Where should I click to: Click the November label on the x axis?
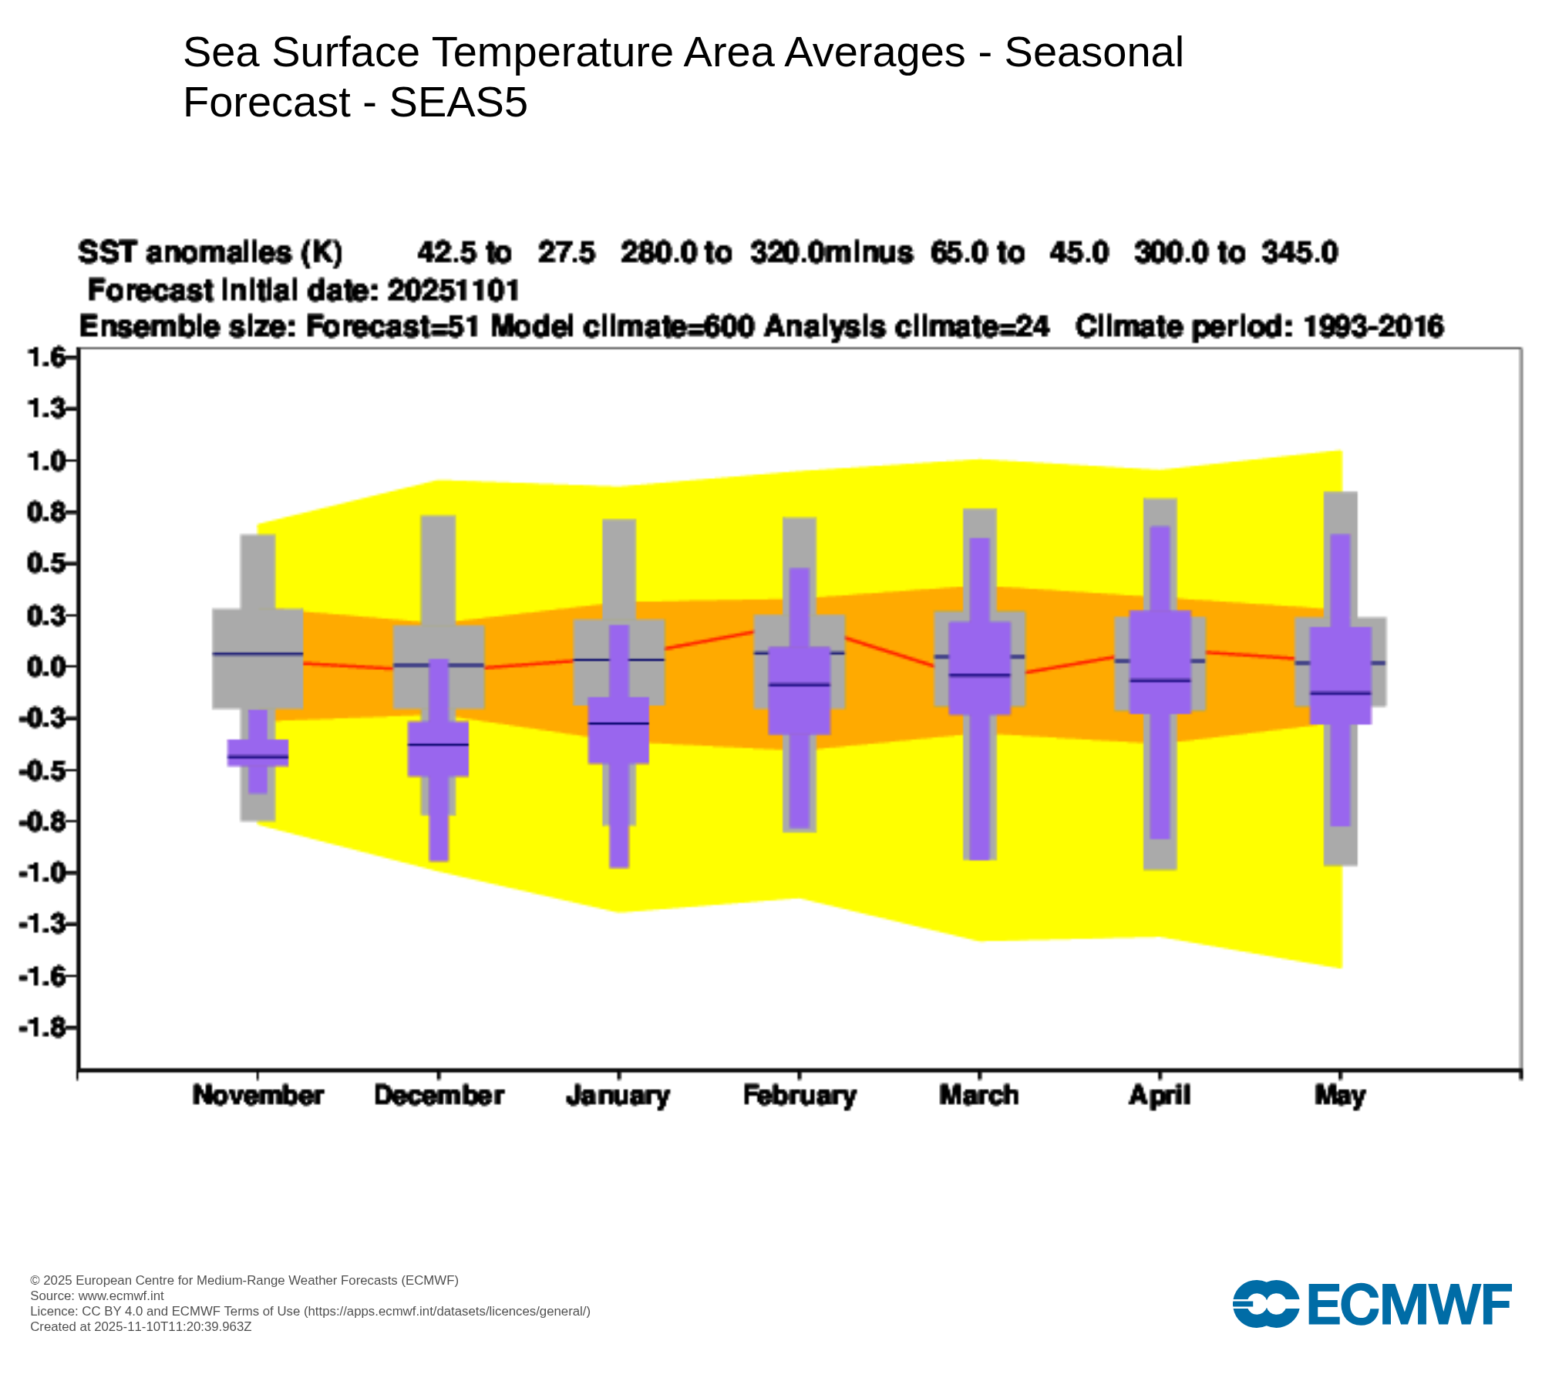click(x=258, y=1096)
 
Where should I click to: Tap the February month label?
click(x=800, y=1096)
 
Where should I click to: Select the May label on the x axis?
click(x=1340, y=1096)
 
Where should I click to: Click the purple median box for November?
click(x=258, y=753)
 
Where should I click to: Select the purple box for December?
click(x=438, y=748)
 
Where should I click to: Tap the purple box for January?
click(x=618, y=729)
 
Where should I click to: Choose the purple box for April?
click(x=1160, y=662)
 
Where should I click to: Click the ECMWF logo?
click(x=1372, y=1304)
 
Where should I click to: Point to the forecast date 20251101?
click(x=453, y=291)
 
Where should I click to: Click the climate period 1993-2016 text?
click(x=1372, y=327)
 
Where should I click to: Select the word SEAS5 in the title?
click(x=458, y=103)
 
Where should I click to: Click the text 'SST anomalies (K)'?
click(x=210, y=252)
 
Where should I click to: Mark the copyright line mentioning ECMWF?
click(x=244, y=1281)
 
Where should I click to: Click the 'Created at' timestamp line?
click(x=141, y=1327)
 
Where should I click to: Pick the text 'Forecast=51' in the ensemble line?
click(x=392, y=327)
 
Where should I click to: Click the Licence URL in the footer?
click(x=447, y=1312)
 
